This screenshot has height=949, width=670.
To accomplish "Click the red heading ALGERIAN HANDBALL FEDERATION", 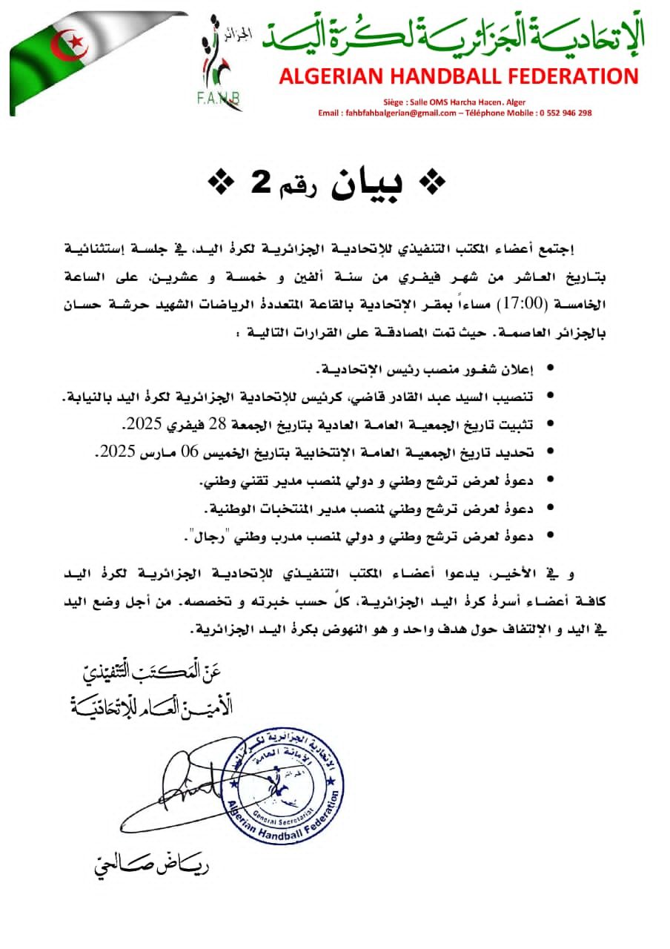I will (459, 76).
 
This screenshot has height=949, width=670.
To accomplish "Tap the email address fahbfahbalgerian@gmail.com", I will (399, 113).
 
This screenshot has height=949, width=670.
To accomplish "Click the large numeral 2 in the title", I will (259, 185).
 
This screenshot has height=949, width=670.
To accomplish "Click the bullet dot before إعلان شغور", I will (549, 368).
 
